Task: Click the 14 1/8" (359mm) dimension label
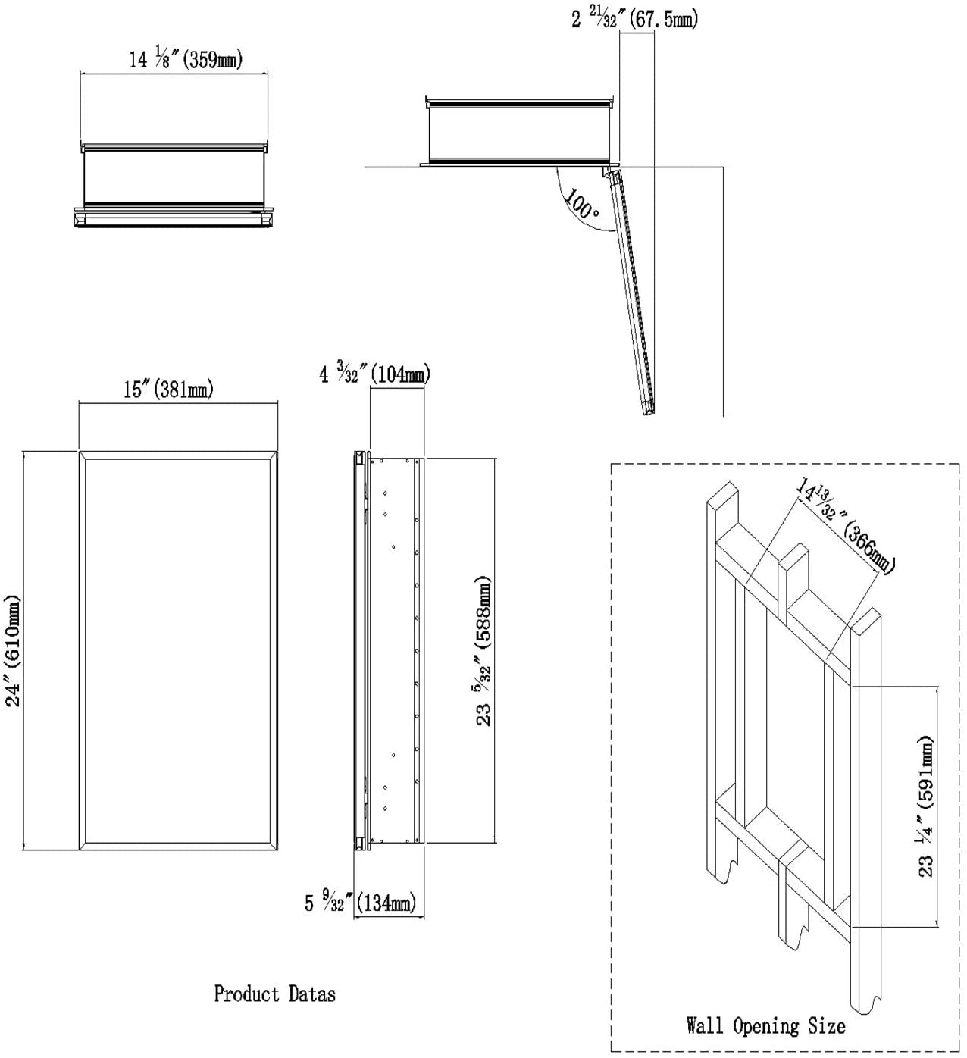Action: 186,59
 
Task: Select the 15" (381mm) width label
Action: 168,390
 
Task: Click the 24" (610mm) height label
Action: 14,650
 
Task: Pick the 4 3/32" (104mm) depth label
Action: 374,374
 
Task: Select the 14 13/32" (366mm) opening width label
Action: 844,523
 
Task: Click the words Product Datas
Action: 274,994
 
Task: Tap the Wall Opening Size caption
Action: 765,1026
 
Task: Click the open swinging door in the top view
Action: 631,292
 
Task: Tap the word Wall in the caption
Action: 705,1026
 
